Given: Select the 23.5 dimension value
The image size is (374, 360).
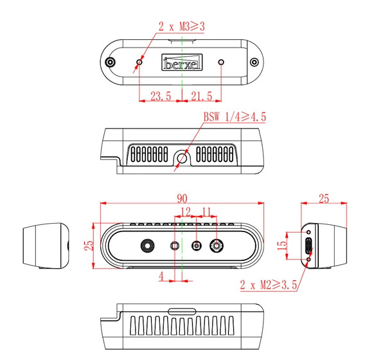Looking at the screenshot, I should coord(160,96).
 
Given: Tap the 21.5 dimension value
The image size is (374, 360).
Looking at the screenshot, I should coord(202,96).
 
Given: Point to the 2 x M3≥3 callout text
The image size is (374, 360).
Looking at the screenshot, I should coord(183,27).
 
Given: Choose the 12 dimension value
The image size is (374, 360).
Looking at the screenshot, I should coord(185,211).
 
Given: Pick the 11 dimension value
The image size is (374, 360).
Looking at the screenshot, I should coord(206,211).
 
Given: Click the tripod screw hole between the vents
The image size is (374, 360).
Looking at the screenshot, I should coord(183,156).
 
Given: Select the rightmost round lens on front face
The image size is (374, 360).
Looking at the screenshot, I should coord(218,246).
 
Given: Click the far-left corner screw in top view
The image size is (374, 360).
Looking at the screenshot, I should coord(111,62).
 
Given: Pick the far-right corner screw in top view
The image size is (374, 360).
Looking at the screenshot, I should coord(254,62).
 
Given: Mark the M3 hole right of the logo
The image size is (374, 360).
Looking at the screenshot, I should coord(222,62).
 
